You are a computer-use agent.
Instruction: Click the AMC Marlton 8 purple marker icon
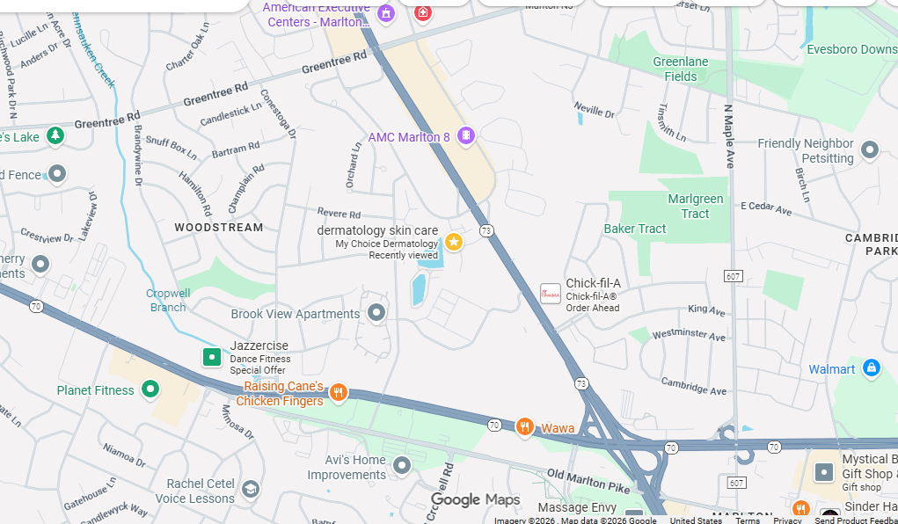[466, 135]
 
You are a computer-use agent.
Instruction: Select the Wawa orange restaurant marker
[525, 427]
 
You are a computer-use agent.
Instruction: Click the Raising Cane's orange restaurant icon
[338, 393]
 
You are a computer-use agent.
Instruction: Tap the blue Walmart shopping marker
[871, 368]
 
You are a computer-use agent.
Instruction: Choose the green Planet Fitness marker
[150, 389]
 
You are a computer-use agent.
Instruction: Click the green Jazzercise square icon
[212, 357]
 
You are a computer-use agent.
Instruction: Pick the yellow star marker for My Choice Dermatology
[454, 242]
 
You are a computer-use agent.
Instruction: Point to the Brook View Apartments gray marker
[376, 313]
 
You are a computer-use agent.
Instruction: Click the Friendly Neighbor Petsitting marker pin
[870, 150]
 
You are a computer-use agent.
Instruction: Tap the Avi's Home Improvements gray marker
[402, 465]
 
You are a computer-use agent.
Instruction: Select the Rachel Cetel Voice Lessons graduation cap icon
[251, 489]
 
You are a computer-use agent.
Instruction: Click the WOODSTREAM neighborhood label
[218, 228]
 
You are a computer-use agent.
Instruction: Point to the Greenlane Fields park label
[681, 69]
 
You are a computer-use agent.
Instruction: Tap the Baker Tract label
[635, 229]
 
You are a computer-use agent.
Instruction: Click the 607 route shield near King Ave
[733, 276]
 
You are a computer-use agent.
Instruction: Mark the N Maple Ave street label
[729, 136]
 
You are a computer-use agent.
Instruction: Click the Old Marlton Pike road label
[588, 481]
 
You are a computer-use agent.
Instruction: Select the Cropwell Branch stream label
[167, 300]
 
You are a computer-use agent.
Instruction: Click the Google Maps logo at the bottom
[475, 500]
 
